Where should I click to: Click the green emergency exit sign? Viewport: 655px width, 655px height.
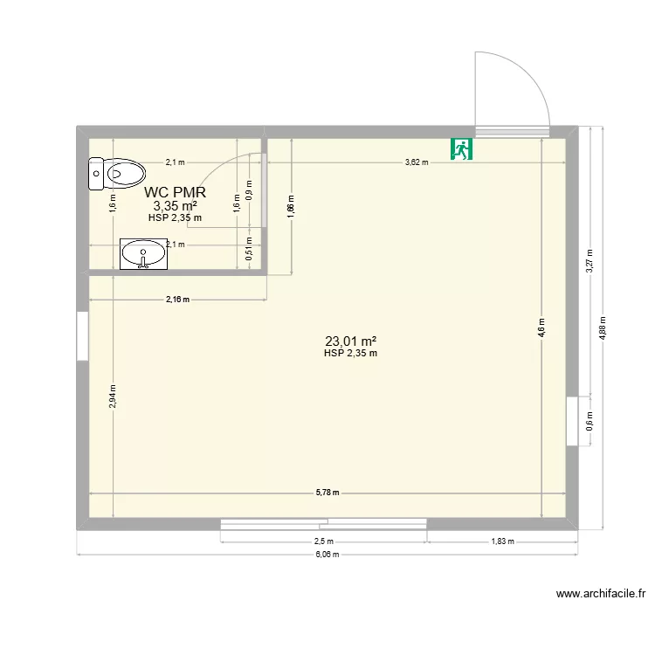point(461,149)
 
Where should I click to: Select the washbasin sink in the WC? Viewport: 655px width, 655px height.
point(142,255)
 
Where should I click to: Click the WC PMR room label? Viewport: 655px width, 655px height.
point(175,192)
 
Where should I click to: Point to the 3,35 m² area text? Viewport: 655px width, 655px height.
point(175,206)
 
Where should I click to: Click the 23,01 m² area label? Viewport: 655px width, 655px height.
point(350,341)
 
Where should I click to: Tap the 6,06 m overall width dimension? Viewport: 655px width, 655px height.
point(327,555)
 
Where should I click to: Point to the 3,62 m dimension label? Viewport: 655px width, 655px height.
point(417,162)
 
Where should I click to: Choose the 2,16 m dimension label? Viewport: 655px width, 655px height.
point(178,300)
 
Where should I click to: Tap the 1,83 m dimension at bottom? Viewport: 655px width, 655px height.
point(502,541)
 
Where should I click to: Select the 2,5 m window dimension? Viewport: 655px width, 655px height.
point(323,541)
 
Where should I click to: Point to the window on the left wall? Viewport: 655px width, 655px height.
point(82,335)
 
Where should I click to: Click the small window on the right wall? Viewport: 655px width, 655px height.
point(573,421)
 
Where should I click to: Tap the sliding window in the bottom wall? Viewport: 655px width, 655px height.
point(323,523)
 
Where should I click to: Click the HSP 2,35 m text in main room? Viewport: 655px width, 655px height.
point(350,354)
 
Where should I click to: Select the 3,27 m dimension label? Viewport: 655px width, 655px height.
point(589,262)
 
